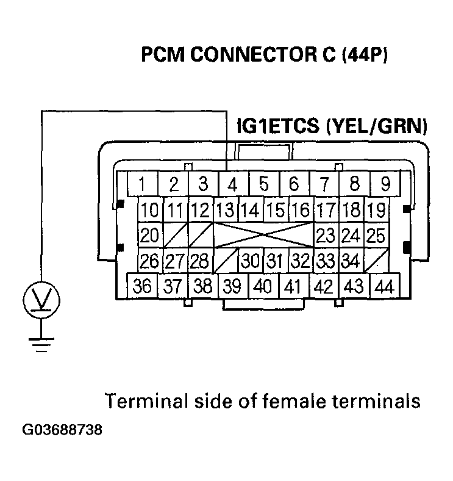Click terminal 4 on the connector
coord(232,184)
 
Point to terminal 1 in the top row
coord(141,184)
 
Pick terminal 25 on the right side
coord(376,235)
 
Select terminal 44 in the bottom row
coord(383,286)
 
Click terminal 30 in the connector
coord(251,261)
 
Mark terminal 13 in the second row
coord(225,211)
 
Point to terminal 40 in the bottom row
coord(263,286)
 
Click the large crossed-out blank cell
coord(263,235)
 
